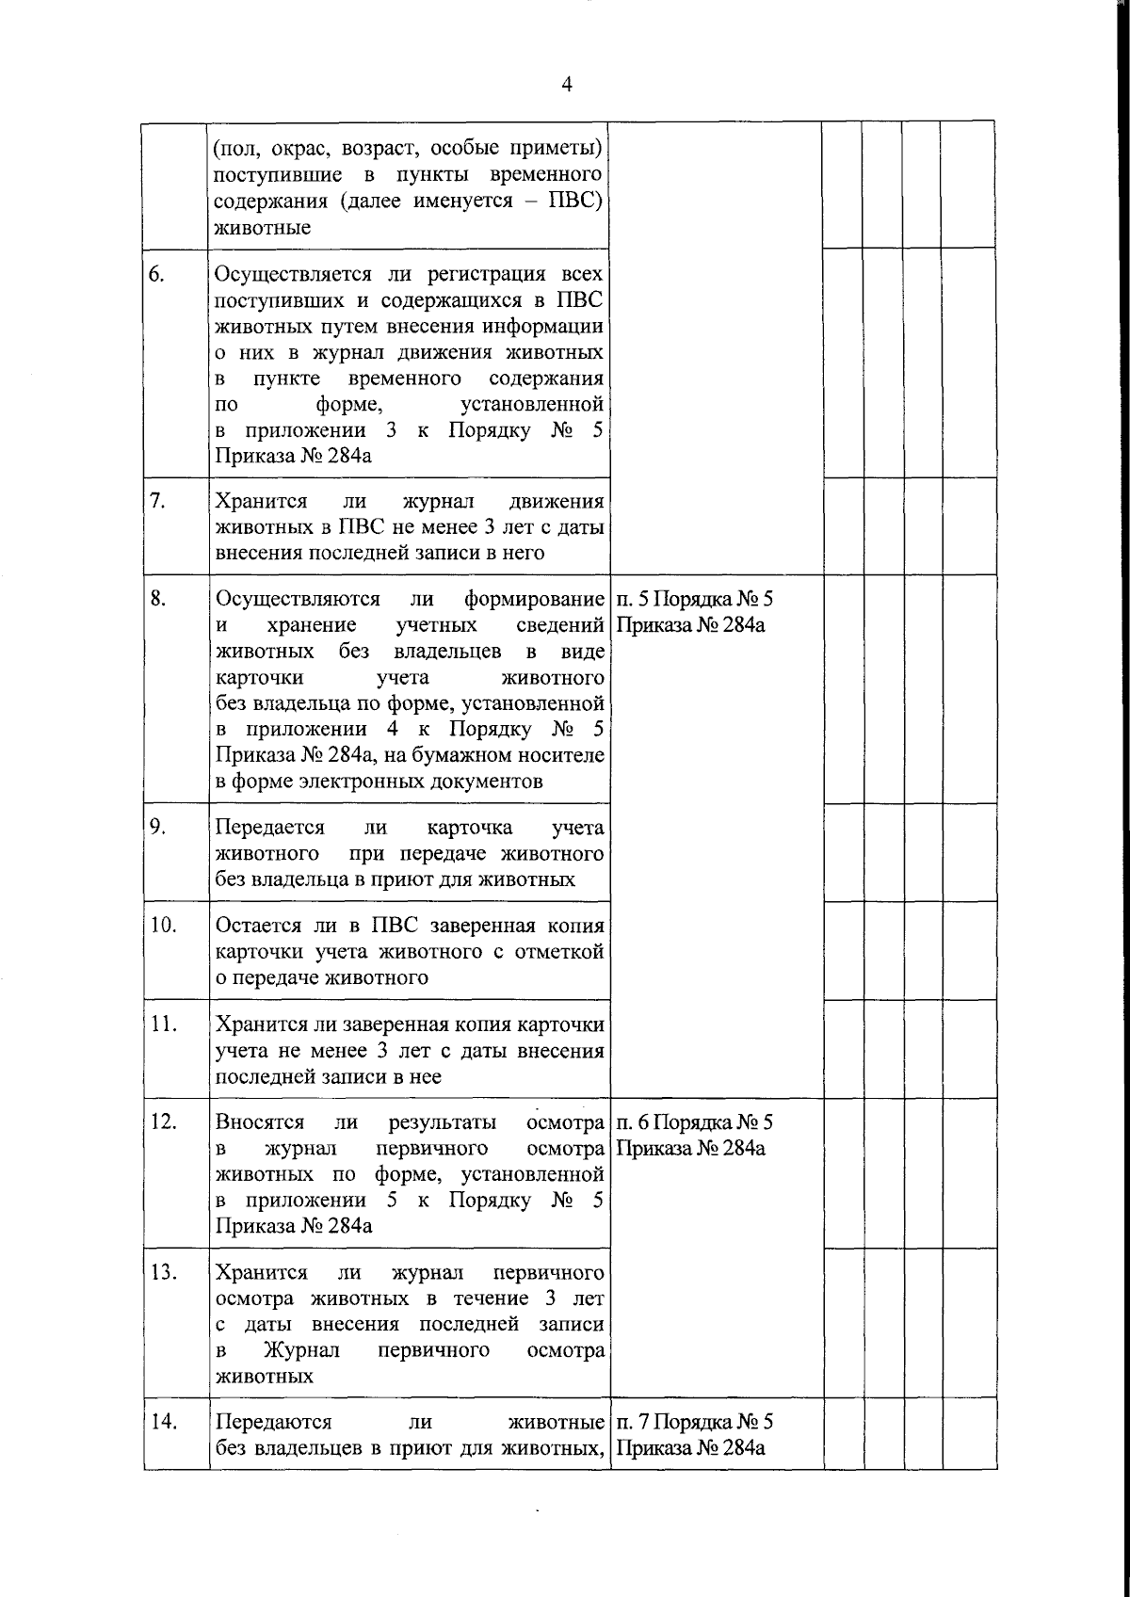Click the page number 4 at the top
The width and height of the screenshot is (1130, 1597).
[566, 85]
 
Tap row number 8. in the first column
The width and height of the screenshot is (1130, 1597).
[157, 598]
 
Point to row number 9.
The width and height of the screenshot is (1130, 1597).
[157, 827]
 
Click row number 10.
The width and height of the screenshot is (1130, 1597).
[163, 925]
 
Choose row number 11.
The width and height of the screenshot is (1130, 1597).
[163, 1024]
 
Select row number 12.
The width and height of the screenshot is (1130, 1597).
[163, 1121]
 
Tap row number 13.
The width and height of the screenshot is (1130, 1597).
[163, 1272]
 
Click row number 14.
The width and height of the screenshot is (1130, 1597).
[163, 1421]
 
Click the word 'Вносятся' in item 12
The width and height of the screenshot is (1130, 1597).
[260, 1121]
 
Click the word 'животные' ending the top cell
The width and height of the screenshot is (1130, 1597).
[263, 228]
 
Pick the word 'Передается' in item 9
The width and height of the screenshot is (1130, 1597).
[269, 827]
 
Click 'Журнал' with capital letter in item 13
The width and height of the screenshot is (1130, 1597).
[301, 1350]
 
